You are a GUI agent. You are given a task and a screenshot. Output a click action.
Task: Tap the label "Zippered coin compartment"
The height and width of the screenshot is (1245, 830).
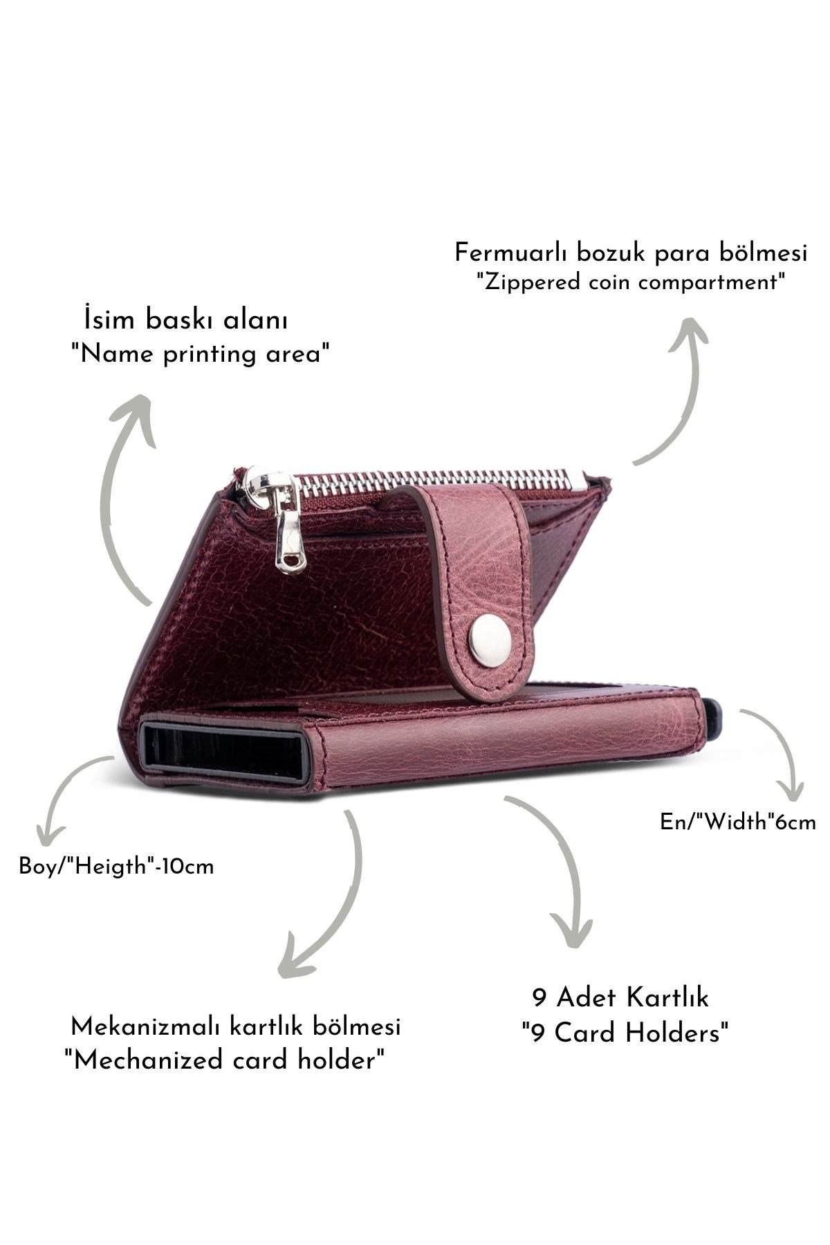coord(630,283)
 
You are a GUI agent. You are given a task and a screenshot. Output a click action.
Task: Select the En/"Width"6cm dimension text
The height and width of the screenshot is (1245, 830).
coord(738,822)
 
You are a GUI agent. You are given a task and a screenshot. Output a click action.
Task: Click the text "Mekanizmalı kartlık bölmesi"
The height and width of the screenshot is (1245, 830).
coord(236,1026)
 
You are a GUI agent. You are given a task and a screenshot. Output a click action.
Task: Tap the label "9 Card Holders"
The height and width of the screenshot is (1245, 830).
coord(625,1033)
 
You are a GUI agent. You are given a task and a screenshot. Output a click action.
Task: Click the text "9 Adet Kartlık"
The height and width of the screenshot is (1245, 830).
coord(620,998)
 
